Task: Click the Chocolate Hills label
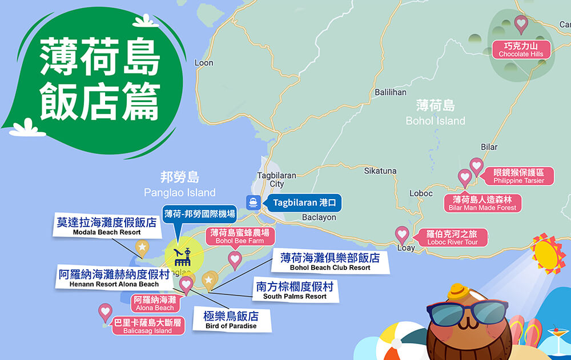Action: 521,49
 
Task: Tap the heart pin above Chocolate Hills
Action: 521,24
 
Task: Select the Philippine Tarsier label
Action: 518,176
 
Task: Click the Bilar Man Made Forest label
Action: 482,204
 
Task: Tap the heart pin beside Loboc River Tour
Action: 403,234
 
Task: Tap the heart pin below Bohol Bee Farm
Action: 235,260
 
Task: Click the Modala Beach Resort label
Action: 107,226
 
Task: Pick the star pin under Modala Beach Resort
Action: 142,247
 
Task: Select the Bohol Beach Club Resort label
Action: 330,262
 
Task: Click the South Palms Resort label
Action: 295,290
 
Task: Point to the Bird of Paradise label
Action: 231,320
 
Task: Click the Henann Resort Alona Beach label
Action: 114,278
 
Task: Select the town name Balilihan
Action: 391,92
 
